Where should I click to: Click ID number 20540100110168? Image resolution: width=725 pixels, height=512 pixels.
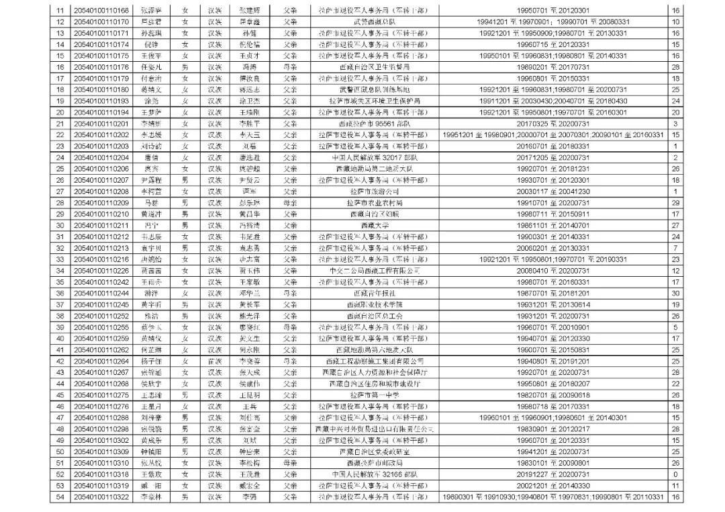tap(101, 11)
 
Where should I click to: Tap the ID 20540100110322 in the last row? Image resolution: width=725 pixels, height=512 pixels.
tap(101, 497)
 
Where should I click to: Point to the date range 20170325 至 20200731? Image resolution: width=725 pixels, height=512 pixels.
tap(554, 124)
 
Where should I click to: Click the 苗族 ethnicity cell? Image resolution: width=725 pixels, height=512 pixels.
tap(215, 361)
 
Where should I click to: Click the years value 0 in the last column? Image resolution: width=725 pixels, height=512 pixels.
tap(675, 474)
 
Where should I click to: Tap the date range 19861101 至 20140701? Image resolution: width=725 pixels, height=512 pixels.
tap(554, 225)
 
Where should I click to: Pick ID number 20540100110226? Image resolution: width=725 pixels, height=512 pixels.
tap(101, 270)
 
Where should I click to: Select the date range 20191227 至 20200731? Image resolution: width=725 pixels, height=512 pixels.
tap(554, 474)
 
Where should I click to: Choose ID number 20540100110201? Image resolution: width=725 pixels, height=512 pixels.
tap(101, 124)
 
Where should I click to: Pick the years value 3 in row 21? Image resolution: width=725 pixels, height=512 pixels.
tap(675, 124)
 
